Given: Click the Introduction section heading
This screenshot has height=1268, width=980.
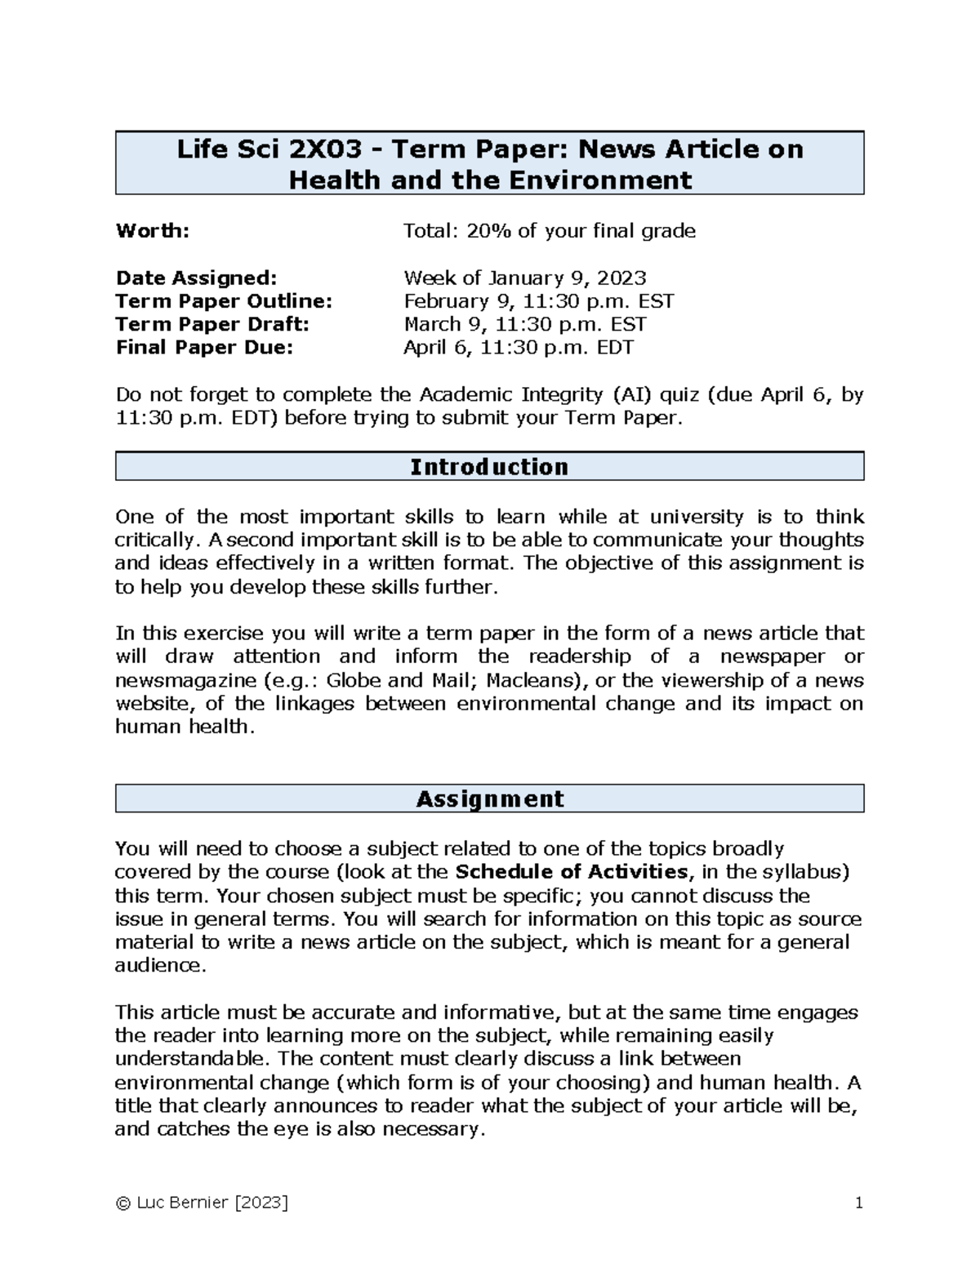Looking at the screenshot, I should coord(489,467).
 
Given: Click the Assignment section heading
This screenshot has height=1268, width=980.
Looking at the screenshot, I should coord(489,799).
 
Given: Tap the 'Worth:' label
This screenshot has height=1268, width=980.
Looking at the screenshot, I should coord(153,231).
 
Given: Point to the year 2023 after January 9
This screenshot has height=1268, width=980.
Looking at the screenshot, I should coord(621,278).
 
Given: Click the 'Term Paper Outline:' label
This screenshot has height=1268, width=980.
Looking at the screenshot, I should coord(224,301).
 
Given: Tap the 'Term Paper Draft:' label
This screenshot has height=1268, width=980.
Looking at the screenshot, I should coord(212,324).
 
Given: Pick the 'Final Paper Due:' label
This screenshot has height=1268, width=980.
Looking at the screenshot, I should coord(203,348).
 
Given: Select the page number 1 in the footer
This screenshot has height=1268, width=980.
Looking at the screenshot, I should coord(858,1203).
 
